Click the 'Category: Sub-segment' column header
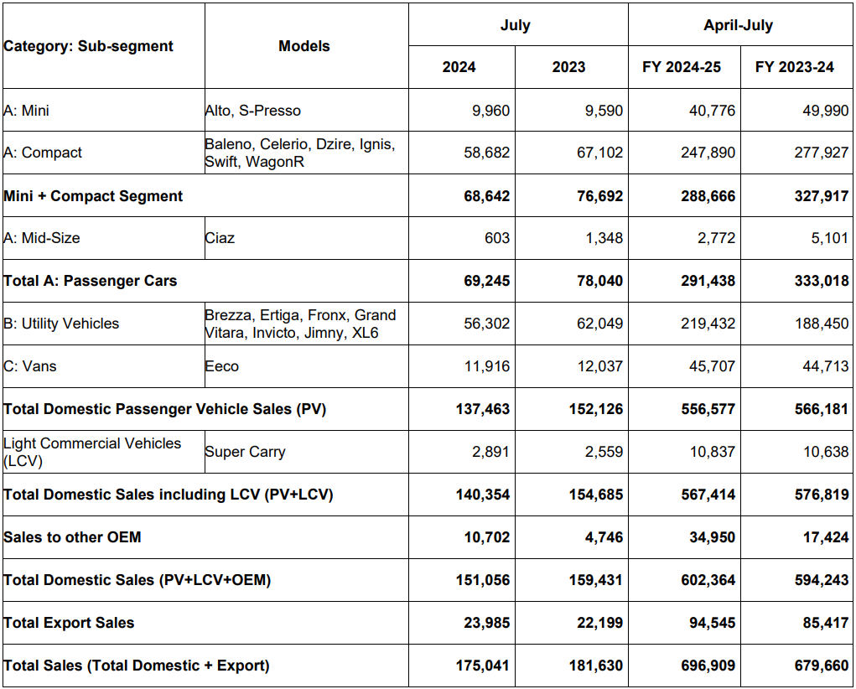pyautogui.click(x=88, y=46)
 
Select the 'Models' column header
pyautogui.click(x=304, y=46)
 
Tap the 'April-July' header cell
pyautogui.click(x=738, y=25)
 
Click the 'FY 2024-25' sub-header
pyautogui.click(x=682, y=67)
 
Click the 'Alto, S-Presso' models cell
pyautogui.click(x=252, y=111)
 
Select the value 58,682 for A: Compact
pyautogui.click(x=486, y=153)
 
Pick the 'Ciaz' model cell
pyautogui.click(x=220, y=238)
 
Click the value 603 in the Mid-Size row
pyautogui.click(x=496, y=238)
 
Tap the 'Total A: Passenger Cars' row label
pyautogui.click(x=91, y=281)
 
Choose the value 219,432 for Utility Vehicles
pyautogui.click(x=708, y=324)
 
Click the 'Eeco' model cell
pyautogui.click(x=221, y=366)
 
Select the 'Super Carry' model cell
pyautogui.click(x=245, y=452)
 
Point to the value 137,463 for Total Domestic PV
pyautogui.click(x=482, y=410)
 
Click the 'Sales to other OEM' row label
pyautogui.click(x=72, y=537)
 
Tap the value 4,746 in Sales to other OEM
pyautogui.click(x=604, y=537)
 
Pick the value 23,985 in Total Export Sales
pyautogui.click(x=486, y=623)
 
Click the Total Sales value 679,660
pyautogui.click(x=821, y=666)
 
